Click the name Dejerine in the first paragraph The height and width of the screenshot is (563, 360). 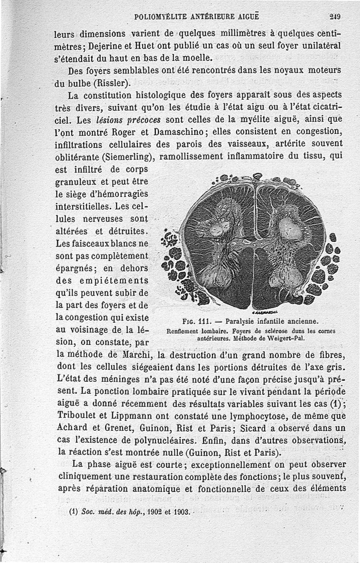107,46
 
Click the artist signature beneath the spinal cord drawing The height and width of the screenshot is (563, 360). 265,312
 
